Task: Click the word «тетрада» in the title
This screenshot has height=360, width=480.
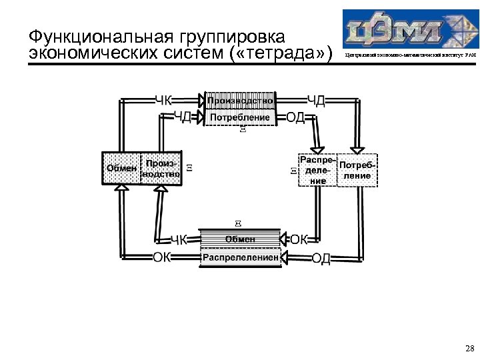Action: pos(283,54)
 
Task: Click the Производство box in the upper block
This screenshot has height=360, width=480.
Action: pos(240,101)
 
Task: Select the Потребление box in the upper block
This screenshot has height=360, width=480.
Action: pos(240,118)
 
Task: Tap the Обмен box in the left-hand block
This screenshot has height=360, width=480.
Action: pos(121,168)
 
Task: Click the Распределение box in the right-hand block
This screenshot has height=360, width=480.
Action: pos(317,170)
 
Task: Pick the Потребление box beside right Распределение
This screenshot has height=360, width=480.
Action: pos(358,171)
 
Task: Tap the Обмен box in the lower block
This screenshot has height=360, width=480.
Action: pos(240,239)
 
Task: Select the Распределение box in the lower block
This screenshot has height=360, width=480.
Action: pos(240,257)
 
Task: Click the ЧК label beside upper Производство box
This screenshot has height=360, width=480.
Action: pos(163,101)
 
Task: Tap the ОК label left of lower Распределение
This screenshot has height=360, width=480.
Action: pos(161,257)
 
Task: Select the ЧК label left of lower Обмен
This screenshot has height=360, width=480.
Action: pos(179,240)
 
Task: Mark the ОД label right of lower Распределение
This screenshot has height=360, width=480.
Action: pos(321,258)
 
